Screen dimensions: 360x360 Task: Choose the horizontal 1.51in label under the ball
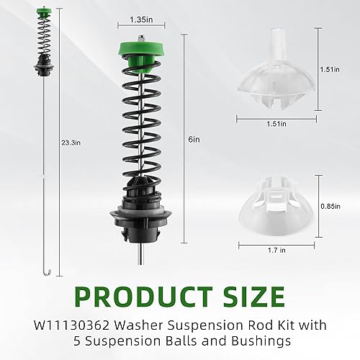click(274, 123)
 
